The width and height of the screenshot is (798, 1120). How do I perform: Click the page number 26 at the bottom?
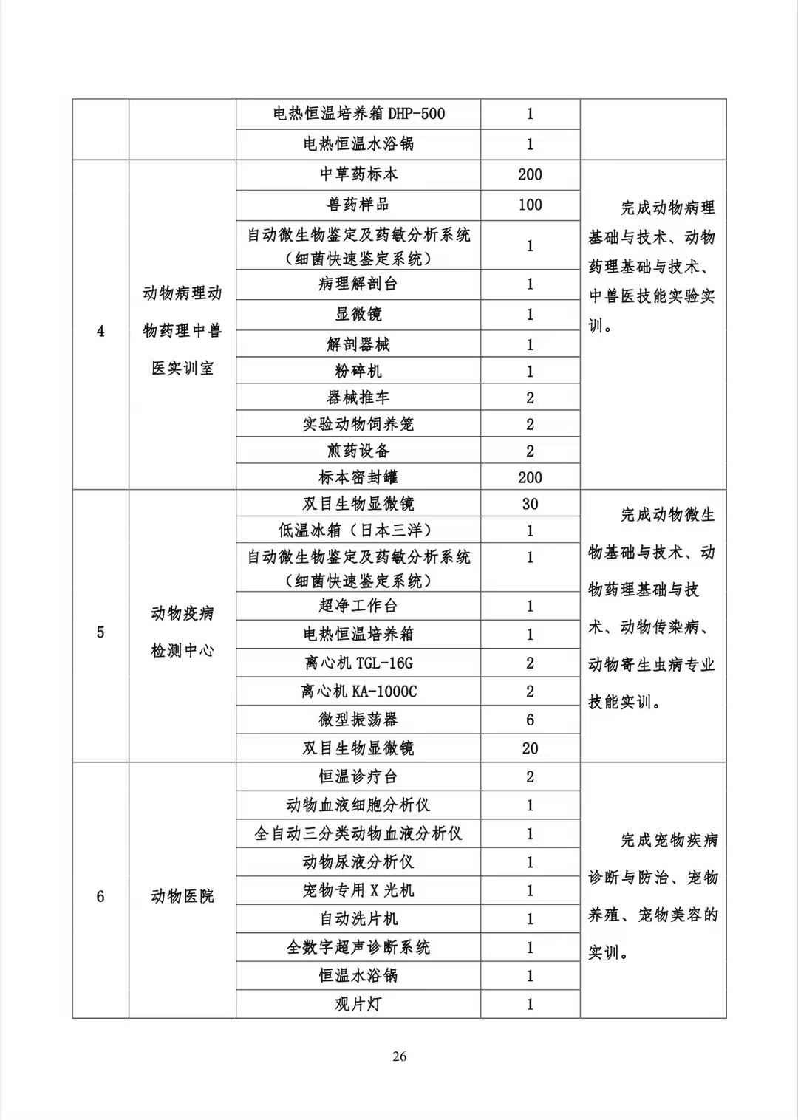click(x=399, y=1056)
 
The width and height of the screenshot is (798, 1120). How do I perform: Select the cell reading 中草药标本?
click(x=358, y=174)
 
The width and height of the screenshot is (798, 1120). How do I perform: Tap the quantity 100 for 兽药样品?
click(x=530, y=205)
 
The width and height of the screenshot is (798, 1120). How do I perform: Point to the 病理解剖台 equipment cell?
click(x=358, y=284)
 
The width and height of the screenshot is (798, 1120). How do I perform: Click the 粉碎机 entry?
click(x=358, y=371)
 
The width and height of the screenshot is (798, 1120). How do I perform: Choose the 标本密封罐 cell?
click(x=358, y=477)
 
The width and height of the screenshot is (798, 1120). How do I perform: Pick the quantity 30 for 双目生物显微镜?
click(x=530, y=504)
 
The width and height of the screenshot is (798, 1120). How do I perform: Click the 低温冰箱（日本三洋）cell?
click(x=358, y=530)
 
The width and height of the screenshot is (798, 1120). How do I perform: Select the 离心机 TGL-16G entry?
click(x=358, y=663)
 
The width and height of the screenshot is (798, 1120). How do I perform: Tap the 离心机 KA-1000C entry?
click(x=358, y=692)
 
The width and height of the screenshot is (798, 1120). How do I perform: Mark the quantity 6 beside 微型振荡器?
click(x=530, y=720)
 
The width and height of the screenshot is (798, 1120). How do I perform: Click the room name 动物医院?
click(x=183, y=896)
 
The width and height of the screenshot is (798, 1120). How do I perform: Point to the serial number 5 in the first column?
click(x=100, y=632)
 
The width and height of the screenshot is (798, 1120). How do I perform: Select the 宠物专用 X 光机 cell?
click(x=358, y=890)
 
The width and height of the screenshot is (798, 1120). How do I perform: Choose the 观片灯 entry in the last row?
click(x=358, y=1004)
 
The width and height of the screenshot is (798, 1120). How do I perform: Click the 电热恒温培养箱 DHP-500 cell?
click(x=358, y=114)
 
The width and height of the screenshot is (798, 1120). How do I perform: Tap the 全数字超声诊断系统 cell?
click(x=358, y=947)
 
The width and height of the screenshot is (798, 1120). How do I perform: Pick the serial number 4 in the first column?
click(x=100, y=331)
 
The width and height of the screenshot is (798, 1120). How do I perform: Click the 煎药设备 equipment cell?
click(x=358, y=451)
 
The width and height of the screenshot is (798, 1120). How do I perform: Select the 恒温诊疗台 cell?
click(x=358, y=776)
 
